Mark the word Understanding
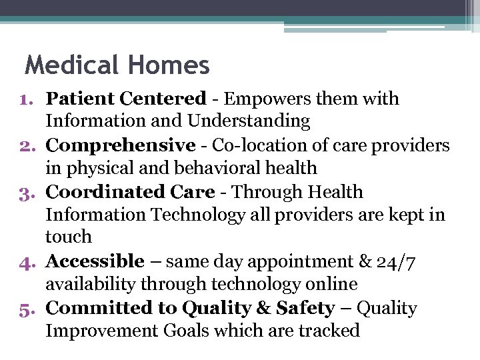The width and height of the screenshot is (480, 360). (249, 121)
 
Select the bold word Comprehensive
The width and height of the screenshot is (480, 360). (120, 145)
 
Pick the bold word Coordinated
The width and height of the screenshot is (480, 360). (105, 192)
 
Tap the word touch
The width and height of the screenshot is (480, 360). (68, 237)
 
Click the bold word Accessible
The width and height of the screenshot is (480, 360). (95, 261)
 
